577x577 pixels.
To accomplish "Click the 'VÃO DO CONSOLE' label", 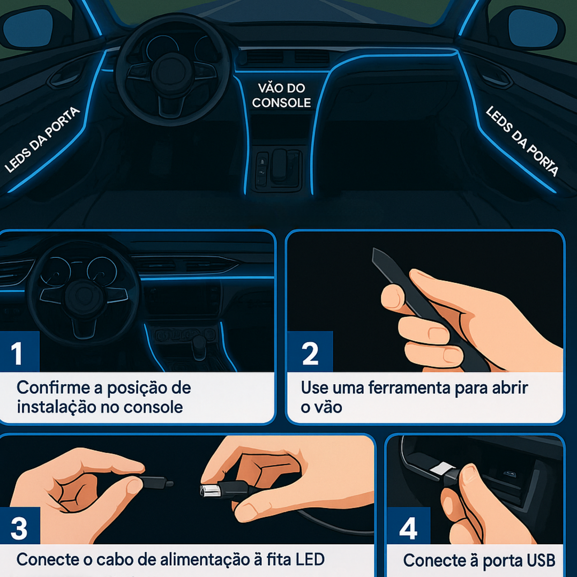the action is [x=281, y=96].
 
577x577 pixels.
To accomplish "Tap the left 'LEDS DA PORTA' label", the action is [x=42, y=139].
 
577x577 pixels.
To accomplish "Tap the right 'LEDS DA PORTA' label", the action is [x=522, y=141].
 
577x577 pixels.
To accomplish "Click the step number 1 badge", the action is [x=19, y=352].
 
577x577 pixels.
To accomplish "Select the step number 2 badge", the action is [x=310, y=352].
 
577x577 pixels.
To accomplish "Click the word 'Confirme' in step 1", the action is [x=53, y=388].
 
